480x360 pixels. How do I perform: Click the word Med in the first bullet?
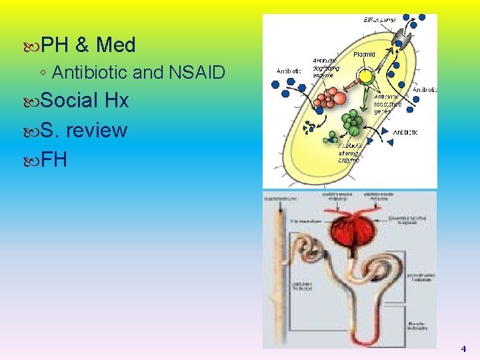coord(116,45)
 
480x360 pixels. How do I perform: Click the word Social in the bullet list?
coord(70,101)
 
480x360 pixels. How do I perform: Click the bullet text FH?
coord(54,159)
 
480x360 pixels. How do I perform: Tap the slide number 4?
coord(463,349)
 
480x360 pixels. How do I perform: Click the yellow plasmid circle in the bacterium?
coord(365,76)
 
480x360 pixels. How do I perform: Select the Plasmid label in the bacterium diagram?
coord(365,54)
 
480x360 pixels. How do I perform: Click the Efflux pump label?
coord(379,20)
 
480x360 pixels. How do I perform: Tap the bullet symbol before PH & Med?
coord(35,46)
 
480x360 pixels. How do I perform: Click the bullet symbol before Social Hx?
coord(35,101)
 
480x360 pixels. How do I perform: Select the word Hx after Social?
coord(117,101)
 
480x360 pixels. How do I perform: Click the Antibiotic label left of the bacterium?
coord(289,71)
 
